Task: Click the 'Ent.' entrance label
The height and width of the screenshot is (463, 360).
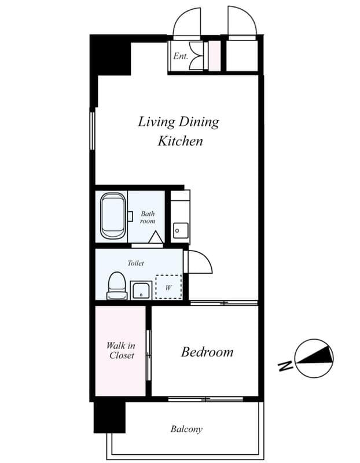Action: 180,57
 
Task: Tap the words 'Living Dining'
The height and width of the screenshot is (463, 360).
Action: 178,122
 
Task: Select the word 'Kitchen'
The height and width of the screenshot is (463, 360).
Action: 180,141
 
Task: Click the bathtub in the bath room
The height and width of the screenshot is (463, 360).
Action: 113,216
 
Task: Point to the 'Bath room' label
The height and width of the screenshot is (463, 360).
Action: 148,217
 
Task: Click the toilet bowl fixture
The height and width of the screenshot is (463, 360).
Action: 117,285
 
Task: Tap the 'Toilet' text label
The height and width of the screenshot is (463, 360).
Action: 135,263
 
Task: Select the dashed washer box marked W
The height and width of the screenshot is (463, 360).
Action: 168,286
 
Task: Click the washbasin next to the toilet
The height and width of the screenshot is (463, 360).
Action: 141,290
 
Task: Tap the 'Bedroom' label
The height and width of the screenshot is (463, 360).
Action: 207,352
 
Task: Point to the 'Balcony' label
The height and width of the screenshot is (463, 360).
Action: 186,429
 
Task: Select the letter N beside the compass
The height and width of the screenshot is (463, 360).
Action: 284,366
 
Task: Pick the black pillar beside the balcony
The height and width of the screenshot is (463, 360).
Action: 109,417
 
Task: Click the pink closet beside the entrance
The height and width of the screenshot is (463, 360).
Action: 214,56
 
